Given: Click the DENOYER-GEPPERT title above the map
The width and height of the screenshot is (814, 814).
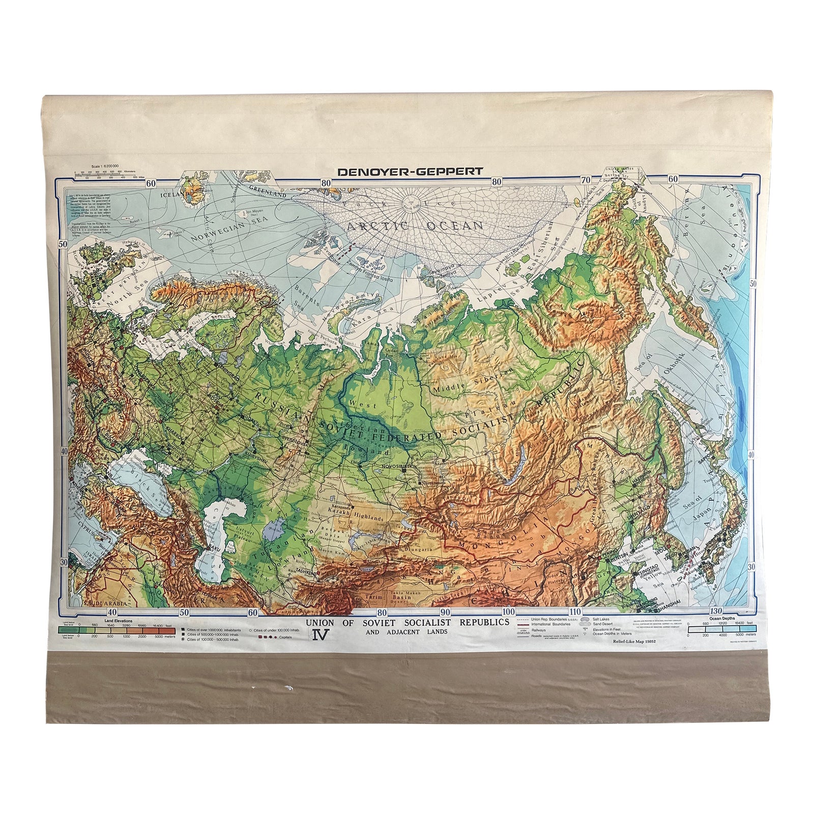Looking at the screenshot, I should pyautogui.click(x=410, y=171).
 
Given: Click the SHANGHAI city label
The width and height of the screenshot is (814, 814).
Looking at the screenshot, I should pyautogui.click(x=668, y=603).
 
